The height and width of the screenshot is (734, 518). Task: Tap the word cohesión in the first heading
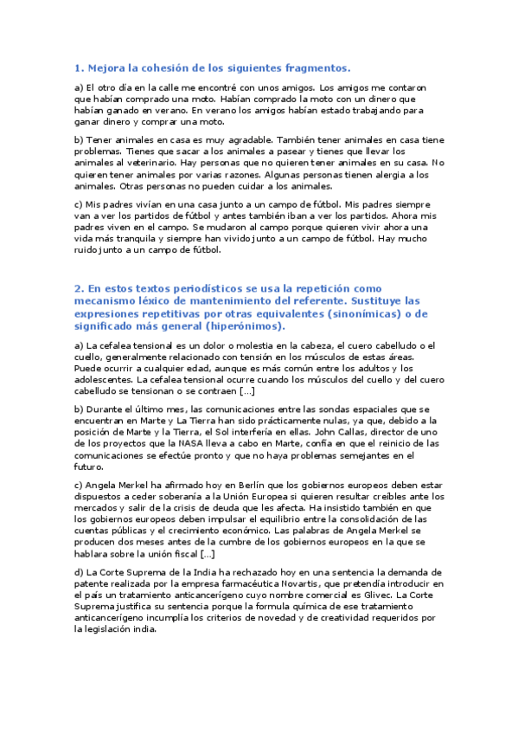coord(170,68)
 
